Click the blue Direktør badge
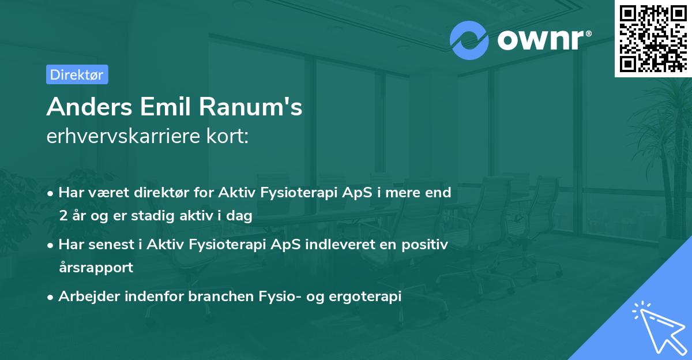coord(76,74)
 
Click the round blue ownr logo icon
coord(469,40)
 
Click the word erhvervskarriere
coord(123,137)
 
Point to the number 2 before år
coord(62,216)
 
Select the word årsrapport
coord(96,267)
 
